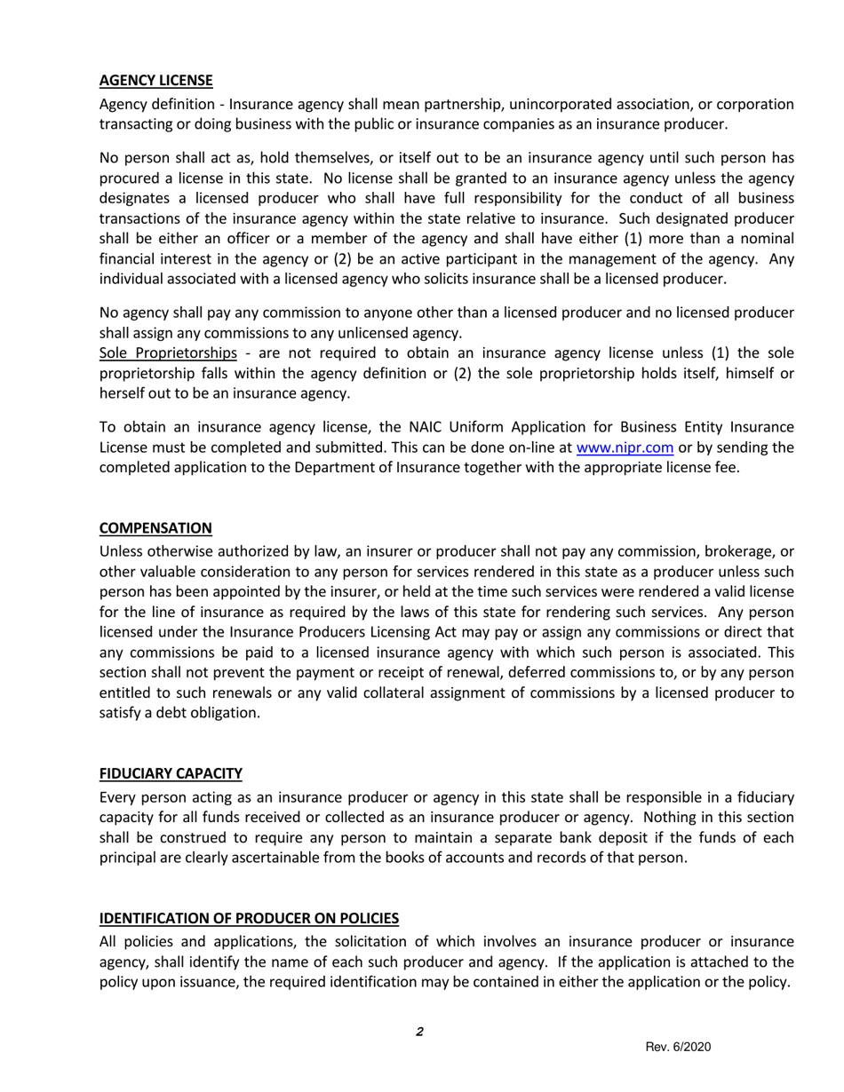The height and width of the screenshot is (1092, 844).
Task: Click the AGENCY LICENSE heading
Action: point(155,81)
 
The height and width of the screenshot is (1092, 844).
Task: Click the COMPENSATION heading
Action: point(155,528)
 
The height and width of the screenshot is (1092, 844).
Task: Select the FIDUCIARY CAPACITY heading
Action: point(170,774)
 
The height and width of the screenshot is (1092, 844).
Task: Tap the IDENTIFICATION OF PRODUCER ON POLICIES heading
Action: point(249,918)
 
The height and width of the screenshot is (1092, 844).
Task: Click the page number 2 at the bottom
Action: point(418,1032)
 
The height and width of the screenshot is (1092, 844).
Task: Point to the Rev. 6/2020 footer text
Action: point(678,1047)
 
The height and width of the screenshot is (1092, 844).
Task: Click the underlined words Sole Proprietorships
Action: point(168,352)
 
